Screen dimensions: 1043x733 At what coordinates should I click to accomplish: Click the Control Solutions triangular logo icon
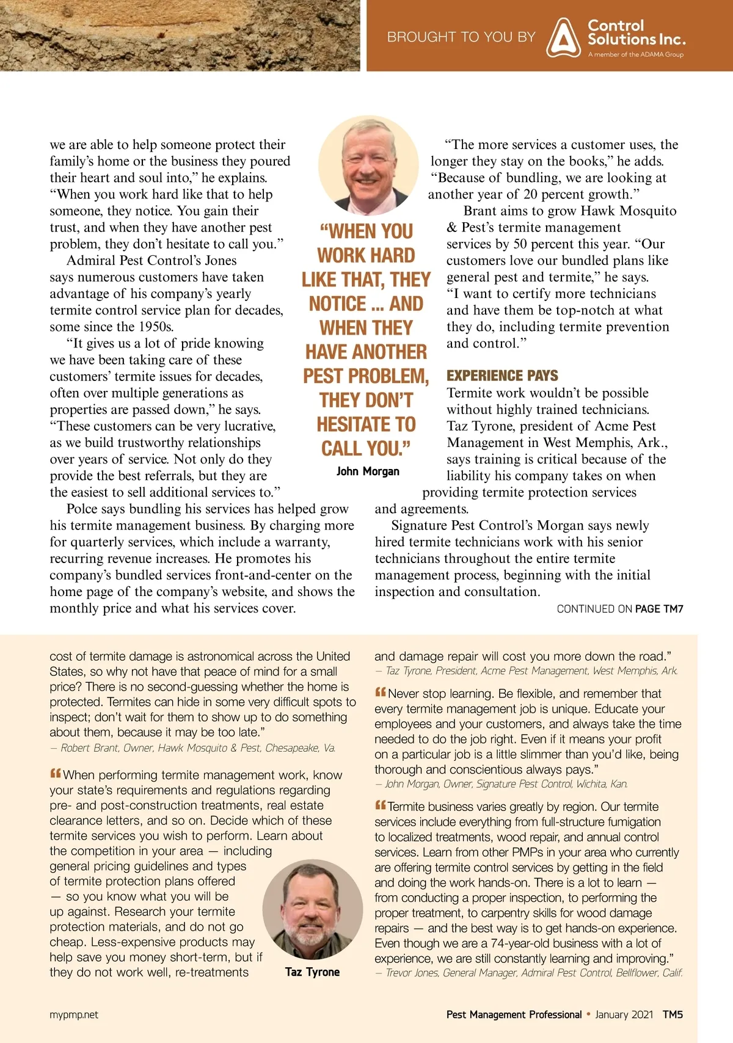(x=563, y=38)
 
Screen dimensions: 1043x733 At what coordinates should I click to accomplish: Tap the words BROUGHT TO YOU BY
(x=461, y=37)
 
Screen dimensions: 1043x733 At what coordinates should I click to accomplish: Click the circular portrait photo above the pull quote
(x=368, y=166)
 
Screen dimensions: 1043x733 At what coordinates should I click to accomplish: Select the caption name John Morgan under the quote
(x=368, y=471)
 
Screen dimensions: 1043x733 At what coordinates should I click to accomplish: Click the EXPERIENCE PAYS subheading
(x=502, y=376)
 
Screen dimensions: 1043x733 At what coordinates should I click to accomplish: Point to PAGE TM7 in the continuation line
(x=659, y=609)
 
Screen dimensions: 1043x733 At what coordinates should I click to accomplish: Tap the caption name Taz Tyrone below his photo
(x=312, y=972)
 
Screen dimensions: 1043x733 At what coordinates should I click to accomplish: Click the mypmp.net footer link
(x=74, y=1015)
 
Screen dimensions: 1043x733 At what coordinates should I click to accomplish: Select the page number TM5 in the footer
(x=673, y=1015)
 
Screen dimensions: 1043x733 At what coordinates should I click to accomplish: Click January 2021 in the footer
(x=624, y=1015)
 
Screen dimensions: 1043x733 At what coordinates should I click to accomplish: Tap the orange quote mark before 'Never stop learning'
(x=381, y=692)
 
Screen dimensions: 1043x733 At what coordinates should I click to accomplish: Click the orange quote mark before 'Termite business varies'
(x=381, y=805)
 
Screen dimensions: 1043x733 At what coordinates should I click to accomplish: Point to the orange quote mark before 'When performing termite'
(x=56, y=774)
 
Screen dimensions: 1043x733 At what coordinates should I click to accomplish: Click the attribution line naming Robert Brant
(x=192, y=748)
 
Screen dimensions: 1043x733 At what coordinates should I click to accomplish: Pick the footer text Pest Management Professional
(x=514, y=1015)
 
